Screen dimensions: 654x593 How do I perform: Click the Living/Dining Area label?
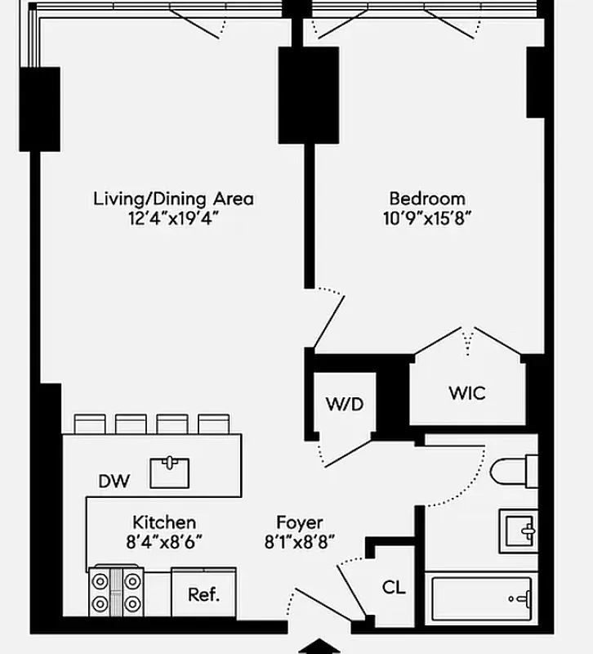173,198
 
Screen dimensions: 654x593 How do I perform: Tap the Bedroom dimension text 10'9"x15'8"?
427,218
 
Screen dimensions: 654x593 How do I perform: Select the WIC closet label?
466,393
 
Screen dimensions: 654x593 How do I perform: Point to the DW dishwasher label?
114,482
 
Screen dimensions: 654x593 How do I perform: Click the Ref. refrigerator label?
203,594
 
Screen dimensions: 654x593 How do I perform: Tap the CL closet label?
394,587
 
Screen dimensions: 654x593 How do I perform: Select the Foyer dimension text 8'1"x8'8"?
299,542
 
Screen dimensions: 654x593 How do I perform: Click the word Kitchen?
164,522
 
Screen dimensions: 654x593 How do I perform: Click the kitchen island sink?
170,472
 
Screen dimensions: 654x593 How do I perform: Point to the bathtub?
481,599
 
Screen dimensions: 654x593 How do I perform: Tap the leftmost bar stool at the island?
90,423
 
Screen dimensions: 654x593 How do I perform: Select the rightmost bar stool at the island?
214,423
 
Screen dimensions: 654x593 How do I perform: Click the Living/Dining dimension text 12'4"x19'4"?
173,218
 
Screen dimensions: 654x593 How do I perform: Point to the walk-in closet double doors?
467,340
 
